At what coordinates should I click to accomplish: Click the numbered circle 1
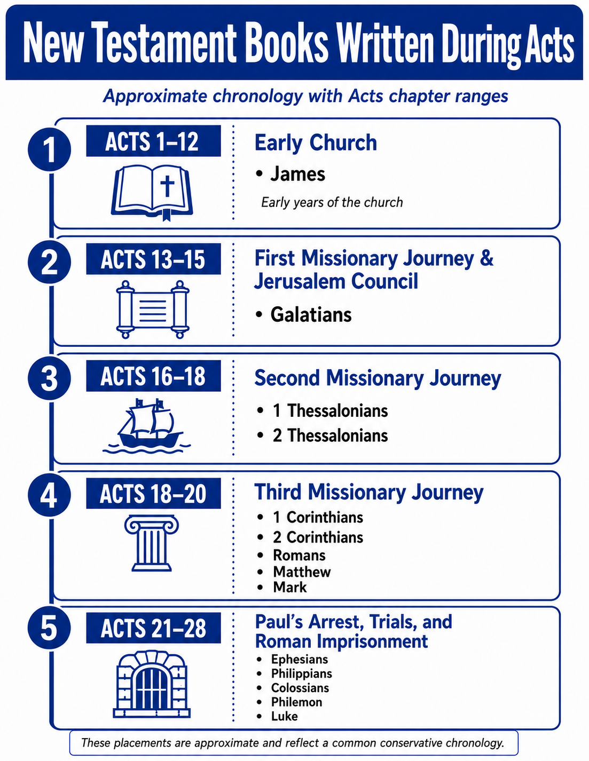[50, 149]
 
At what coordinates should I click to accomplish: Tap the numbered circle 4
[50, 495]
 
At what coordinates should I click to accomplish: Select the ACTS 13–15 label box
[153, 259]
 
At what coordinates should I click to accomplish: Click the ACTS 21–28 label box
[153, 628]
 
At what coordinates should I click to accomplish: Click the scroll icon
[153, 309]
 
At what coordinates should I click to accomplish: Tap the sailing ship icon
[147, 426]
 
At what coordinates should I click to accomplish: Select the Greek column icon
[152, 543]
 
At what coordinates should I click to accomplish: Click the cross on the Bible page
[167, 186]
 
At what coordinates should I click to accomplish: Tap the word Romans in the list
[299, 555]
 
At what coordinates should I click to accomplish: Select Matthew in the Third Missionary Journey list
[302, 572]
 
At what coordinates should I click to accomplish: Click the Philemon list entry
[296, 702]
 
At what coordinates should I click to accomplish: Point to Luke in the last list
[284, 716]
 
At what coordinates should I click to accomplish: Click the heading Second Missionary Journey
[378, 378]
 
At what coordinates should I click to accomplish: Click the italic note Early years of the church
[332, 202]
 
